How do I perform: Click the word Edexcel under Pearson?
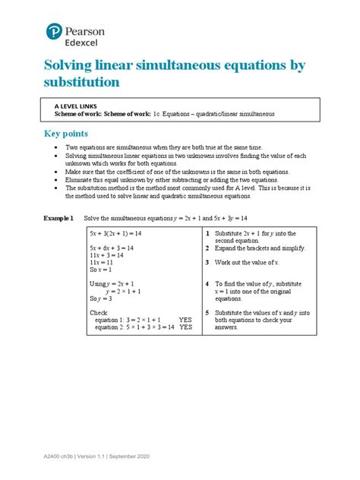point(90,42)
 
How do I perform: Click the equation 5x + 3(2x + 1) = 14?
point(116,234)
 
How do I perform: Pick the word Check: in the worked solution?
point(99,312)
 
